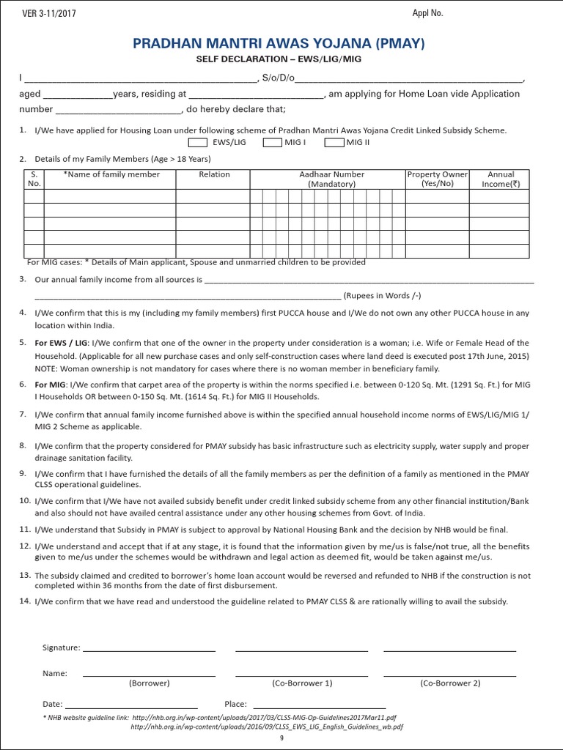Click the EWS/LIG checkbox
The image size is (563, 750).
click(x=198, y=142)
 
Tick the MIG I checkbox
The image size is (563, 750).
click(x=272, y=142)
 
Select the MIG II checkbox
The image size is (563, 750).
click(x=334, y=142)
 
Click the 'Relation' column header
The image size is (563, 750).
click(x=214, y=174)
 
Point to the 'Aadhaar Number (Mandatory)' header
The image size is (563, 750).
click(x=331, y=179)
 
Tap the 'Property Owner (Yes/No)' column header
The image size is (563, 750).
click(x=437, y=179)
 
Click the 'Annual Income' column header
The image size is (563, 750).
click(x=501, y=179)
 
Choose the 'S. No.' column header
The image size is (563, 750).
click(x=34, y=179)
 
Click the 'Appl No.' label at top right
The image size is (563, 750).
click(x=428, y=13)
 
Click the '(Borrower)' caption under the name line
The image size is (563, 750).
click(x=149, y=683)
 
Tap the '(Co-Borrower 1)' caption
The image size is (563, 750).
click(x=302, y=683)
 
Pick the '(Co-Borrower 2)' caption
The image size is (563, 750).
click(x=450, y=683)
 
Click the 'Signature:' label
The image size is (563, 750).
click(x=61, y=648)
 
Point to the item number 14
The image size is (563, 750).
click(x=24, y=601)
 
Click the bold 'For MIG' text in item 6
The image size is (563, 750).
click(x=51, y=384)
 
